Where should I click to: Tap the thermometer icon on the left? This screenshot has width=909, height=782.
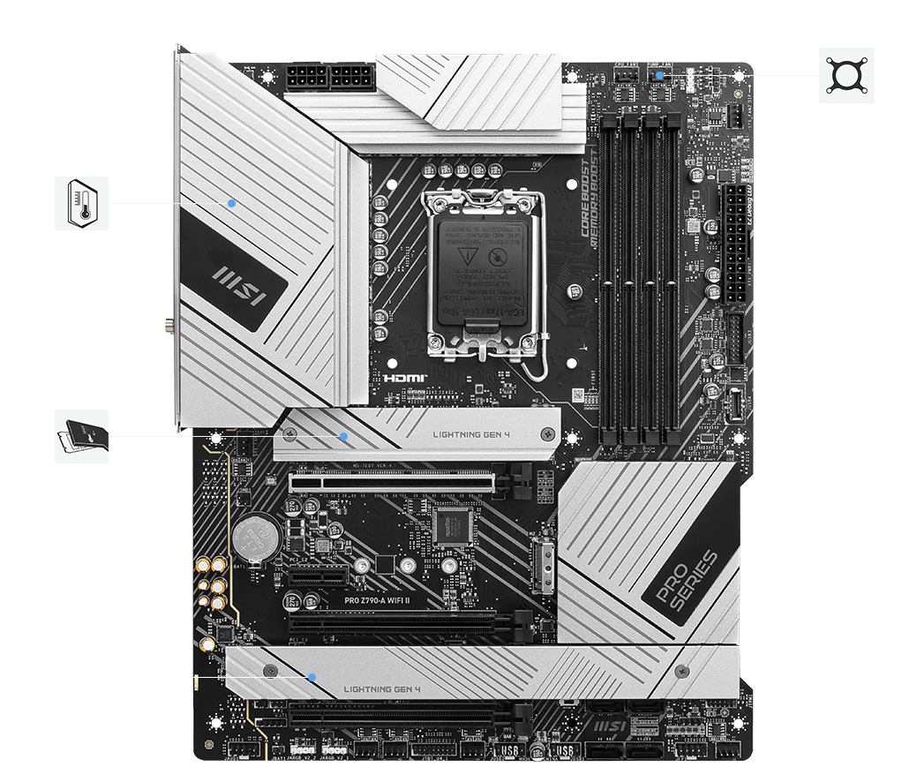point(81,203)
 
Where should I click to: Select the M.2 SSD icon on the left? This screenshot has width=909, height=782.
point(81,435)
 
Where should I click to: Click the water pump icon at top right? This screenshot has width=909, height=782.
point(846,75)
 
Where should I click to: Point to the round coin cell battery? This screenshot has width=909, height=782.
point(256,533)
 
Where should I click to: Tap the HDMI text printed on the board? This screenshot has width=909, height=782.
point(405,378)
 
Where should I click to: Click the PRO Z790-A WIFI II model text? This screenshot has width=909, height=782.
point(385,600)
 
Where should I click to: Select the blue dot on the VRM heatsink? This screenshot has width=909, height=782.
point(231,202)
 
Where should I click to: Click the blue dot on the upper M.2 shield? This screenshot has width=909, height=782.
point(344,436)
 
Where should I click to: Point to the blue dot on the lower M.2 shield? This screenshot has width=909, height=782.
point(312,677)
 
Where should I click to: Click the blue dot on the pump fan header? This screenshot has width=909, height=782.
point(661,76)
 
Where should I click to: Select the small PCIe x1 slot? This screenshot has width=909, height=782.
point(313,576)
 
